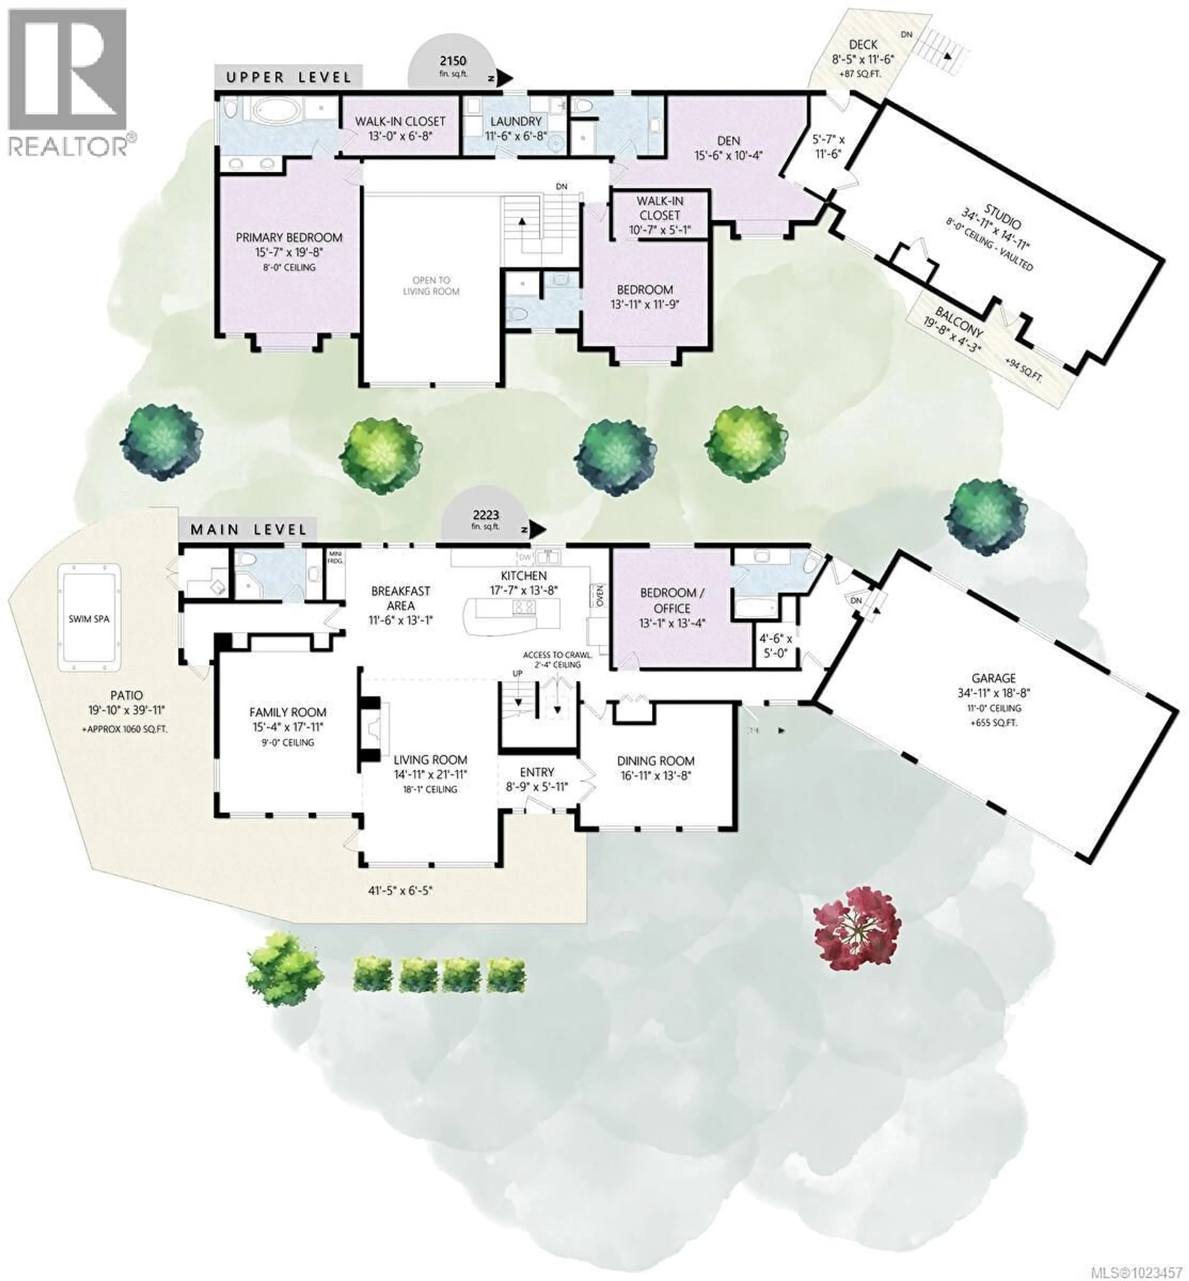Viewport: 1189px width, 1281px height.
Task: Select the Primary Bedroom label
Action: coord(289,238)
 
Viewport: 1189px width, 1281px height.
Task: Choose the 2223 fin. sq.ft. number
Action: coord(486,515)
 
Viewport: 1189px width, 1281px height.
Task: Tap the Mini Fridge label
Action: coord(335,557)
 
